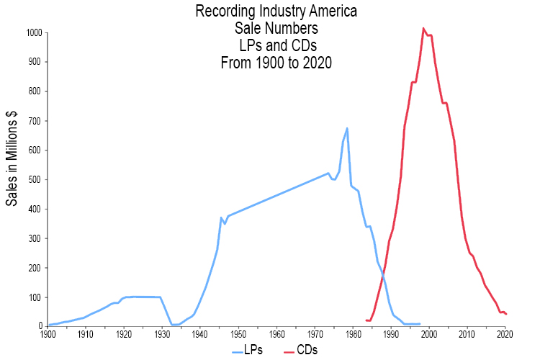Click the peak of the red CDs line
(x=423, y=29)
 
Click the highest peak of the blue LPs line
(x=347, y=128)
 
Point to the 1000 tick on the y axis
(x=34, y=32)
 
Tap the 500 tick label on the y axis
(x=35, y=179)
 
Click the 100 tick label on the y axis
(x=35, y=297)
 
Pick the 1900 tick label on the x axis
(x=48, y=334)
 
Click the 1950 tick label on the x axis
(x=238, y=334)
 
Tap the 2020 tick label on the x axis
(x=505, y=334)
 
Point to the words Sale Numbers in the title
(x=276, y=29)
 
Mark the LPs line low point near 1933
(x=174, y=324)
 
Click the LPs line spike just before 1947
(x=221, y=217)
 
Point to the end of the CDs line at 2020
(x=506, y=314)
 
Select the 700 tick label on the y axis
(x=35, y=121)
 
